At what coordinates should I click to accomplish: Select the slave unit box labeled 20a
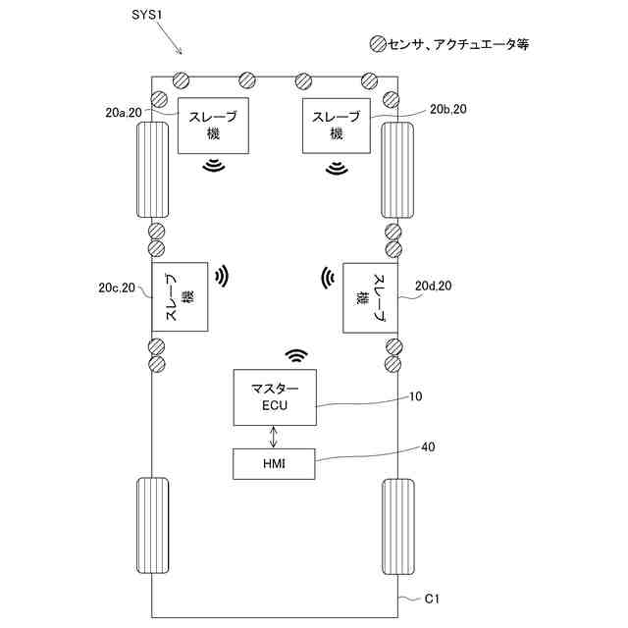213,127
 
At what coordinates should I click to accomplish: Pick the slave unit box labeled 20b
338,127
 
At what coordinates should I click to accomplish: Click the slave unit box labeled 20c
181,297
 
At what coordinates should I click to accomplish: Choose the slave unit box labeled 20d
370,297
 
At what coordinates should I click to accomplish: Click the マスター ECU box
274,398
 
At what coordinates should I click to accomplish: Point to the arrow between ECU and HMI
275,437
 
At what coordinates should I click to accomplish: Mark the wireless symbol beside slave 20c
223,276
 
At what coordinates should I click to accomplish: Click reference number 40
429,446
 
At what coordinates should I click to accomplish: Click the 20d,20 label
433,286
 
